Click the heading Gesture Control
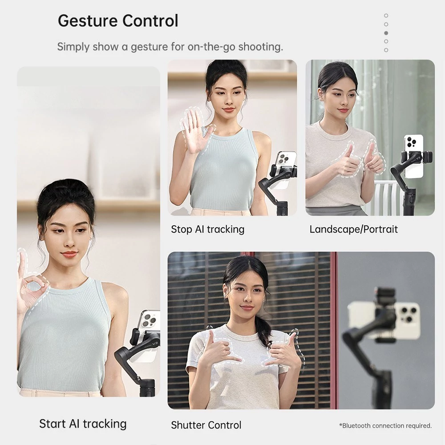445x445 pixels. pyautogui.click(x=118, y=21)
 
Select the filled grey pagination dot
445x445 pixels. pyautogui.click(x=386, y=33)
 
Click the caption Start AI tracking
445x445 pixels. pyautogui.click(x=83, y=424)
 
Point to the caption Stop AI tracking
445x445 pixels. pyautogui.click(x=207, y=229)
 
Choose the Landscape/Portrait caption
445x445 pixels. pyautogui.click(x=354, y=229)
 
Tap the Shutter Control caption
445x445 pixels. pyautogui.click(x=206, y=425)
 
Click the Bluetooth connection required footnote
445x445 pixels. pyautogui.click(x=385, y=425)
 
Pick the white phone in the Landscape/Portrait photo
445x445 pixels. pyautogui.click(x=414, y=156)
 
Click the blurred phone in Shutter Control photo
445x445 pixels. pyautogui.click(x=384, y=320)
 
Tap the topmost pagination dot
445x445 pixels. pyautogui.click(x=386, y=15)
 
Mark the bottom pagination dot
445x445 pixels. pyautogui.click(x=386, y=50)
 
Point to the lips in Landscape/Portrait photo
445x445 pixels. pyautogui.click(x=344, y=110)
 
